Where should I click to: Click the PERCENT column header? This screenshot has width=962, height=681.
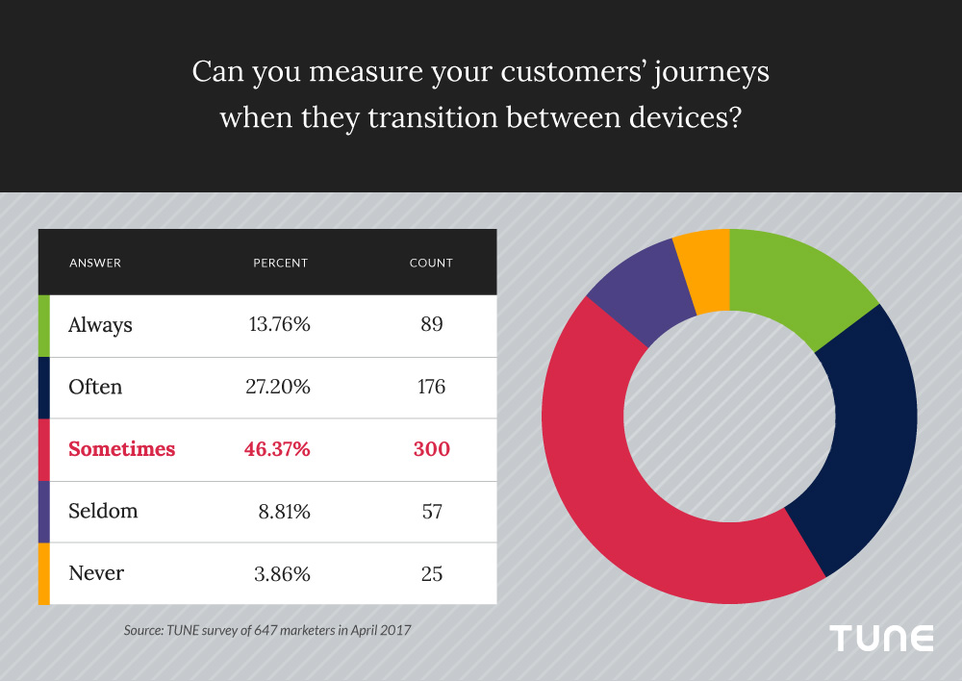280,263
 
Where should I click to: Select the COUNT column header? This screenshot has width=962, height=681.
431,263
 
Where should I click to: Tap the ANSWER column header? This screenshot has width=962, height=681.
95,263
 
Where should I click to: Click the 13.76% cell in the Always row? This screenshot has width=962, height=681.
279,325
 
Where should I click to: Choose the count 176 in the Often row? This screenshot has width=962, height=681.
431,388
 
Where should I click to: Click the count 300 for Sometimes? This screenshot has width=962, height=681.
431,449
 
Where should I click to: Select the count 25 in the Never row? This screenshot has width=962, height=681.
431,574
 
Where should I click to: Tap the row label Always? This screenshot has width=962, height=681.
100,325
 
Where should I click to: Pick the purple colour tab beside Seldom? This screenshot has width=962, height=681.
43,512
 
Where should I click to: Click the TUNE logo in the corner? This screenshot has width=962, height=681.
882,638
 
